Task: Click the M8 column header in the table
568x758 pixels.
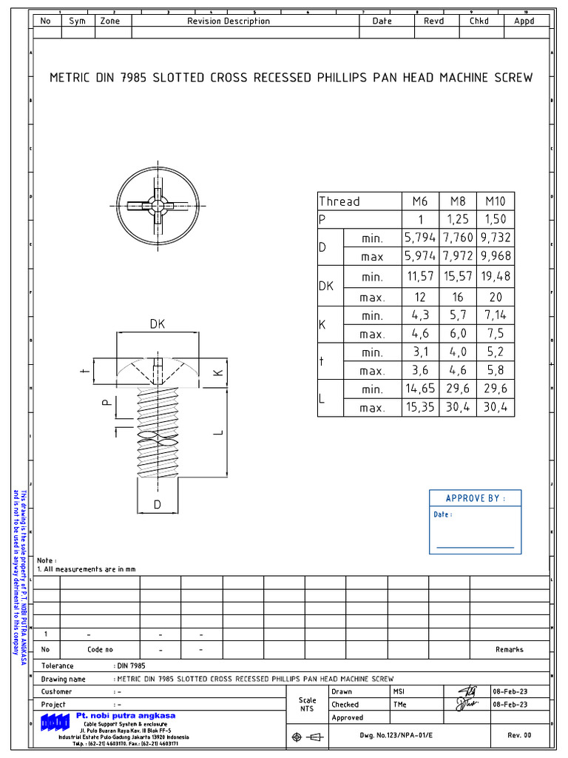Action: pos(458,201)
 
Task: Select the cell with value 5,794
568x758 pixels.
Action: pos(420,238)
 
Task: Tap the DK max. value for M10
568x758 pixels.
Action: pos(495,297)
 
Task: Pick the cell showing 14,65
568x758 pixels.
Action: pos(420,389)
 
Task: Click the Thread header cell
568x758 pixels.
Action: pos(339,201)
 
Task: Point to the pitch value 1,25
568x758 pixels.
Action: pos(458,220)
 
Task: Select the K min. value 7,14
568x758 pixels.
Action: pos(495,315)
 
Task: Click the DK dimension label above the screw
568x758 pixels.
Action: pos(158,324)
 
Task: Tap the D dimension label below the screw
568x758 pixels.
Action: pos(158,505)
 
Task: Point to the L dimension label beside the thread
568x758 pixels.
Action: pos(217,431)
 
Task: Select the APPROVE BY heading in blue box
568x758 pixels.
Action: pos(476,498)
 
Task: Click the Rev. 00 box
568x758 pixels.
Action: pos(518,736)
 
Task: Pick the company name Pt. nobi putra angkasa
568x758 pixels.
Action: pos(126,716)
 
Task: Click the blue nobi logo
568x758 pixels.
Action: pos(55,722)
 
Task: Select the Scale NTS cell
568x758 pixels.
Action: pos(307,705)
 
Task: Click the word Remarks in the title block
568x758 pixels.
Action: pos(509,649)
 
